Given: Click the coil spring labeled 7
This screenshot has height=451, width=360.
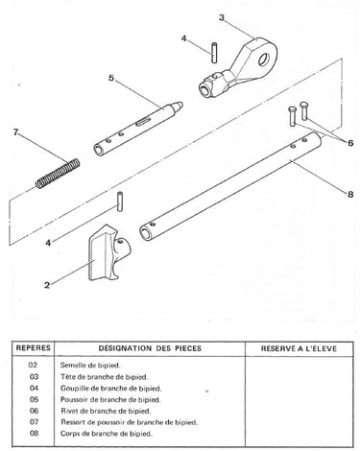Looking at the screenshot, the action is click(58, 173).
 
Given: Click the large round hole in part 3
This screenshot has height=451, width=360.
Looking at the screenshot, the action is click(264, 59).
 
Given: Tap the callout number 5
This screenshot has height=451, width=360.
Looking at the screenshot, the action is click(111, 78).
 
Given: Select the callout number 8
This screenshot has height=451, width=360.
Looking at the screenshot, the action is click(350, 194).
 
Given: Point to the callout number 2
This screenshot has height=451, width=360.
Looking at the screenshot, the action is click(47, 285).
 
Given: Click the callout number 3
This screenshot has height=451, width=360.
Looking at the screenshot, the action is click(222, 17).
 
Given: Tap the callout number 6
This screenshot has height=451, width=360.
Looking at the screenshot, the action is click(350, 143).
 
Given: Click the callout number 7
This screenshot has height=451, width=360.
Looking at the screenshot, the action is click(16, 131).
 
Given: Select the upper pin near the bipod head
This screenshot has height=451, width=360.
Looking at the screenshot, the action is click(214, 52).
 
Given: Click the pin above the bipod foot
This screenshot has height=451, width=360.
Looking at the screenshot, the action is click(120, 202).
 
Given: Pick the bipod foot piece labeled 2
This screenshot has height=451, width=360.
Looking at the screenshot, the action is click(108, 252).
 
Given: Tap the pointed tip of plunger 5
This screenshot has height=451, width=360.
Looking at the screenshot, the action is click(180, 105).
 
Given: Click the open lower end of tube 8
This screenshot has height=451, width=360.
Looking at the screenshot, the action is click(146, 233).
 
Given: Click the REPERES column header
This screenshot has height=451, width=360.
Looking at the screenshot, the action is click(34, 348).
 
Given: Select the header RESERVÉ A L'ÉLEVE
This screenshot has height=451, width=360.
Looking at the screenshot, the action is click(299, 348).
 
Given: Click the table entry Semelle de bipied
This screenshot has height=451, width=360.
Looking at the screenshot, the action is click(90, 365).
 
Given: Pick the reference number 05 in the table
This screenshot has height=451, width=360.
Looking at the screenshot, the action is click(34, 399).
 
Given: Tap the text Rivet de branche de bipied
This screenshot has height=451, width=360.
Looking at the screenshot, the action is click(106, 411).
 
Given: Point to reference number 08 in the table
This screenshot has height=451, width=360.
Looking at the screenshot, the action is click(34, 434).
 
